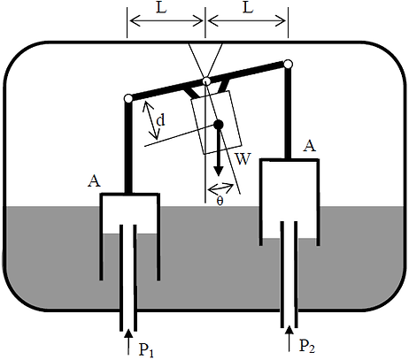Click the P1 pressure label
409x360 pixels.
pyautogui.click(x=146, y=349)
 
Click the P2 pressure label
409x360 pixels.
pyautogui.click(x=307, y=346)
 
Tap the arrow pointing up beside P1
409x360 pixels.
pyautogui.click(x=128, y=341)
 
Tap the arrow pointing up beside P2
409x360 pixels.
pyautogui.click(x=289, y=338)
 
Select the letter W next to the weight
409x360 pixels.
pyautogui.click(x=243, y=159)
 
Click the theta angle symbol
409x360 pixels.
pyautogui.click(x=220, y=202)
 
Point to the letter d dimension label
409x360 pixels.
pyautogui.click(x=161, y=120)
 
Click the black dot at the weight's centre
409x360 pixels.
pyautogui.click(x=219, y=125)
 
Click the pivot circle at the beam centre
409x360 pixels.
pyautogui.click(x=207, y=80)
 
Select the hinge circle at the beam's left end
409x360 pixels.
pyautogui.click(x=128, y=99)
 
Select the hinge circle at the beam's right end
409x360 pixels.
pyautogui.click(x=288, y=64)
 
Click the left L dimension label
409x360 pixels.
pyautogui.click(x=161, y=8)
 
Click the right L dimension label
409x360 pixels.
pyautogui.click(x=248, y=8)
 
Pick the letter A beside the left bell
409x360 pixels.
pyautogui.click(x=94, y=181)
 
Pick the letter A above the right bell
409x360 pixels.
pyautogui.click(x=310, y=146)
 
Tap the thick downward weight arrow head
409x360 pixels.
pyautogui.click(x=219, y=171)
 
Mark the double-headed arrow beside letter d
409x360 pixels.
pyautogui.click(x=151, y=119)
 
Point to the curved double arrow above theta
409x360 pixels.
pyautogui.click(x=221, y=188)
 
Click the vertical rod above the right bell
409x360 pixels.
pyautogui.click(x=288, y=113)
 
